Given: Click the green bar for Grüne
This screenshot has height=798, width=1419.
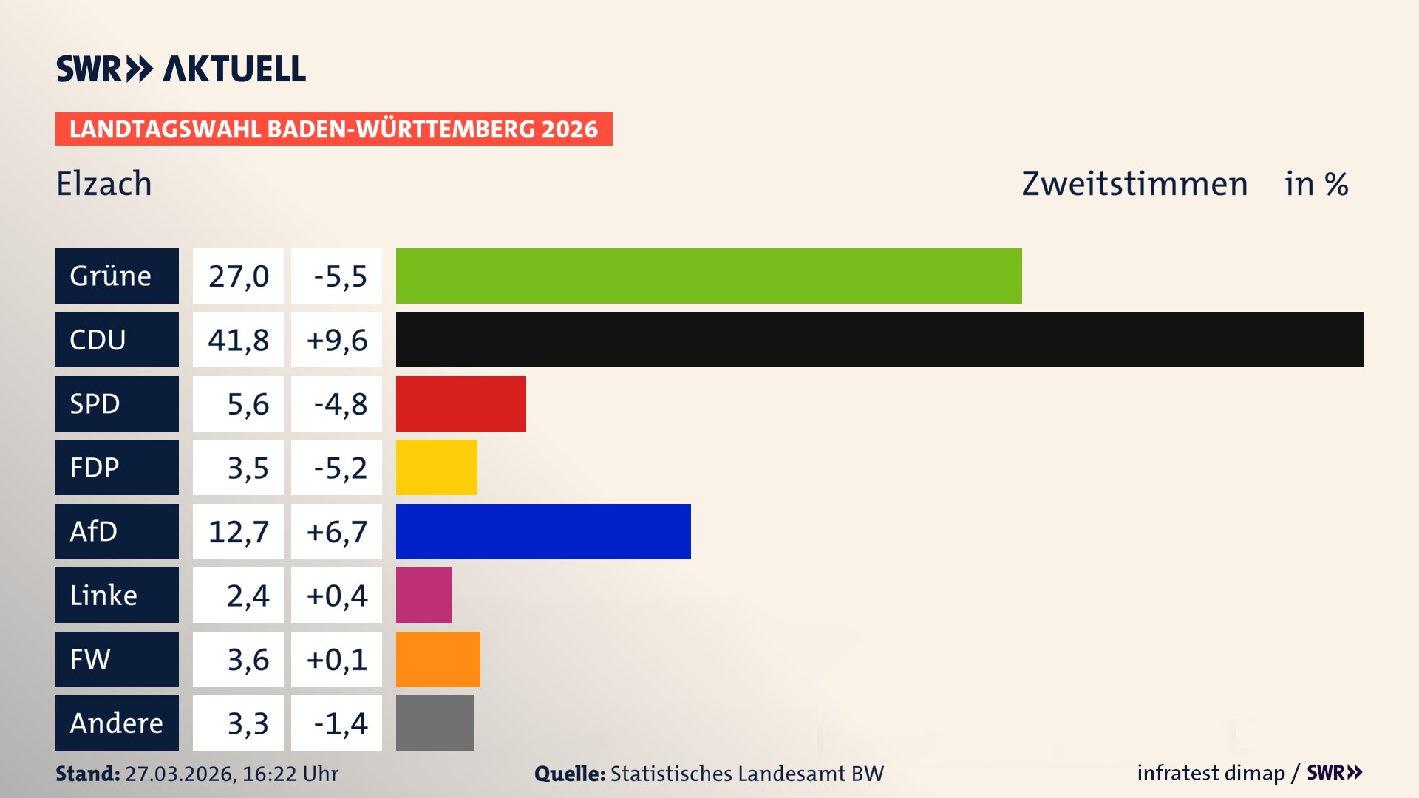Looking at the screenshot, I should pos(708,276).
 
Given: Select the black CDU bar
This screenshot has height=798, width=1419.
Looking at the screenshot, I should pos(879,339).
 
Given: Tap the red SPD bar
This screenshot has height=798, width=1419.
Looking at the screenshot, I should pos(460,403).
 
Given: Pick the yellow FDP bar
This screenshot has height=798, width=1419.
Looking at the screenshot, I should pos(436,467).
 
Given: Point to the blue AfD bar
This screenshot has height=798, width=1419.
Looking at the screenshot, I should pos(543,531).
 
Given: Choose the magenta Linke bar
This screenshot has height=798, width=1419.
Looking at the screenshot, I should pos(423,595).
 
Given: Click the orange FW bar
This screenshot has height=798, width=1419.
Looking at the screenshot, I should pos(438,659).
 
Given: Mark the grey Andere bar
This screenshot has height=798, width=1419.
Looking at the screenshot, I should pos(435,723).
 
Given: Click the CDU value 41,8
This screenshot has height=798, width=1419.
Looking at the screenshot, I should pos(238,340).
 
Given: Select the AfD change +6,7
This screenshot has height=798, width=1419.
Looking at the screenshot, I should pos(337,532).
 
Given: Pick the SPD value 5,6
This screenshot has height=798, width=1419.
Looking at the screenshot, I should pos(248,404).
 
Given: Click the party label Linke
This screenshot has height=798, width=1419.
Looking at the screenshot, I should pos(103,596).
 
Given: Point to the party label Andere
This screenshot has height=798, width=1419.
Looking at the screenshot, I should pos(116,723).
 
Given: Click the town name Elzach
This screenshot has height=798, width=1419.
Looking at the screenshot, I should pos(104,184).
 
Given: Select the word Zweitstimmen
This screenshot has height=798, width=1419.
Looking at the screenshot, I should pos(1134,184).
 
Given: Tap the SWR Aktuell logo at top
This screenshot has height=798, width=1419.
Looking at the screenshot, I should pos(181,69).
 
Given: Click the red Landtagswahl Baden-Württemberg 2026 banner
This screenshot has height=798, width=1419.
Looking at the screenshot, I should pos(333,129).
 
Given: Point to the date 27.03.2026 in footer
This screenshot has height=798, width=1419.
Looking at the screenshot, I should pos(180,774).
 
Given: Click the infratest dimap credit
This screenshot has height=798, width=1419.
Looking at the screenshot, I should pos(1210,773).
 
